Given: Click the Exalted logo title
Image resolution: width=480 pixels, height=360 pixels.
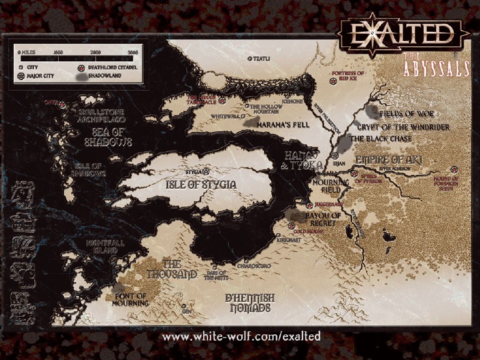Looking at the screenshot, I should [x=403, y=34].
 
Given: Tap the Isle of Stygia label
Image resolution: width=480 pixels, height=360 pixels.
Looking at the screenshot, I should [x=201, y=185].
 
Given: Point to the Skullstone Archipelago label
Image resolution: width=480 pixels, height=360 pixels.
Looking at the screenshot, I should [x=101, y=115].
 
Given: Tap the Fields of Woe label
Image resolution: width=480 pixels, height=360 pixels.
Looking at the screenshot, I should [x=407, y=114].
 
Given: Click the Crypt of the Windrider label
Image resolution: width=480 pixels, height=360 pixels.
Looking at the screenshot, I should [x=412, y=127].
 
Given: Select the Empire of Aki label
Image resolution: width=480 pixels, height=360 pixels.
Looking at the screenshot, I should [x=388, y=160].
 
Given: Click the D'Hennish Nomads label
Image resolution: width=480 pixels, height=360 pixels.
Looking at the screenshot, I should [x=249, y=302].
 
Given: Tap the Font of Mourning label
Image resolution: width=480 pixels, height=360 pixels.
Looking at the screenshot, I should [x=131, y=299].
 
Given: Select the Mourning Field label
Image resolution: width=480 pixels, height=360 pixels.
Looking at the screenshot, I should [x=327, y=184].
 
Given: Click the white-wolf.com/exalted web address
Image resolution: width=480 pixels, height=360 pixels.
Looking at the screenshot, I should [x=241, y=337].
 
